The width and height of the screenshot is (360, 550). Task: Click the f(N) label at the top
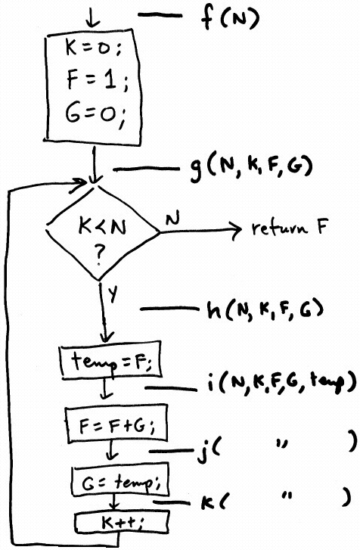point(230,19)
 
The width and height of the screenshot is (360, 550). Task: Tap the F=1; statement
point(97,80)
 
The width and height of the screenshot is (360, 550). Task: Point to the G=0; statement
point(95,113)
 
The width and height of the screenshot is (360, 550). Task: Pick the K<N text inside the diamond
point(102,227)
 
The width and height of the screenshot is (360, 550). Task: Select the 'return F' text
point(290,228)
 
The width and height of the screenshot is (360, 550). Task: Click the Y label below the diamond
point(112,294)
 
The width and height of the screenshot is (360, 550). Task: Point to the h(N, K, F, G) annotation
point(265,309)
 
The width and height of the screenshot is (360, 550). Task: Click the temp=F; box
point(111,360)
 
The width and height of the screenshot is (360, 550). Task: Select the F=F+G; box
point(116,424)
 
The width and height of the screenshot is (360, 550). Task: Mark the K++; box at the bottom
point(122,523)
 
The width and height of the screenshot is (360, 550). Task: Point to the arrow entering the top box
point(92,20)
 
